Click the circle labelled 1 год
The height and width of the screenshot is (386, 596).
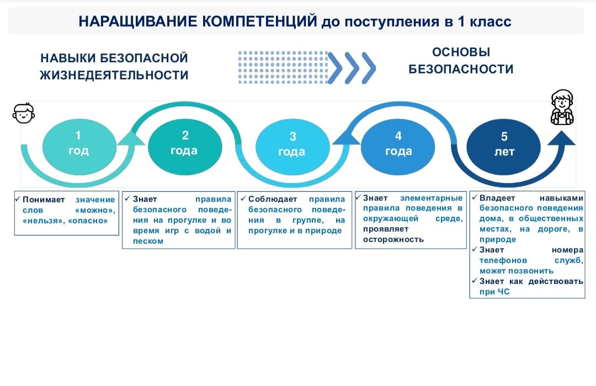coord(79,147)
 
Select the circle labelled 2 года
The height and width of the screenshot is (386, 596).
coord(185,147)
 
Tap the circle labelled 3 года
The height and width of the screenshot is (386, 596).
coord(292,147)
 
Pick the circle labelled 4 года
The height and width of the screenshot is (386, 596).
coord(398,147)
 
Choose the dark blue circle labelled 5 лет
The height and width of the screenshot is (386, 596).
coord(504,147)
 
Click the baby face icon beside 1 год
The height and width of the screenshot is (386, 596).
coord(24,113)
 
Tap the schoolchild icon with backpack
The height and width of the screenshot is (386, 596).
coord(562,108)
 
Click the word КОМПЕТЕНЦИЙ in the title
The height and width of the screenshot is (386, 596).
coord(259,22)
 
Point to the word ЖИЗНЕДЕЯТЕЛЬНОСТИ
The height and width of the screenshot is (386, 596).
coord(114,75)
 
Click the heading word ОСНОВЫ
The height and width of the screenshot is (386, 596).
coord(461,52)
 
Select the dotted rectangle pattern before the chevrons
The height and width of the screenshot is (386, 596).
coord(283,67)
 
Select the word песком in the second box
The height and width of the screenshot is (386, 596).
coord(148,242)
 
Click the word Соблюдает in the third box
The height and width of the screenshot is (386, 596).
coord(273,199)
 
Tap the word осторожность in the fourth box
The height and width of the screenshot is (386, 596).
coord(393,239)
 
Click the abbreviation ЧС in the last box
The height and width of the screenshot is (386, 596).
coord(503,292)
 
